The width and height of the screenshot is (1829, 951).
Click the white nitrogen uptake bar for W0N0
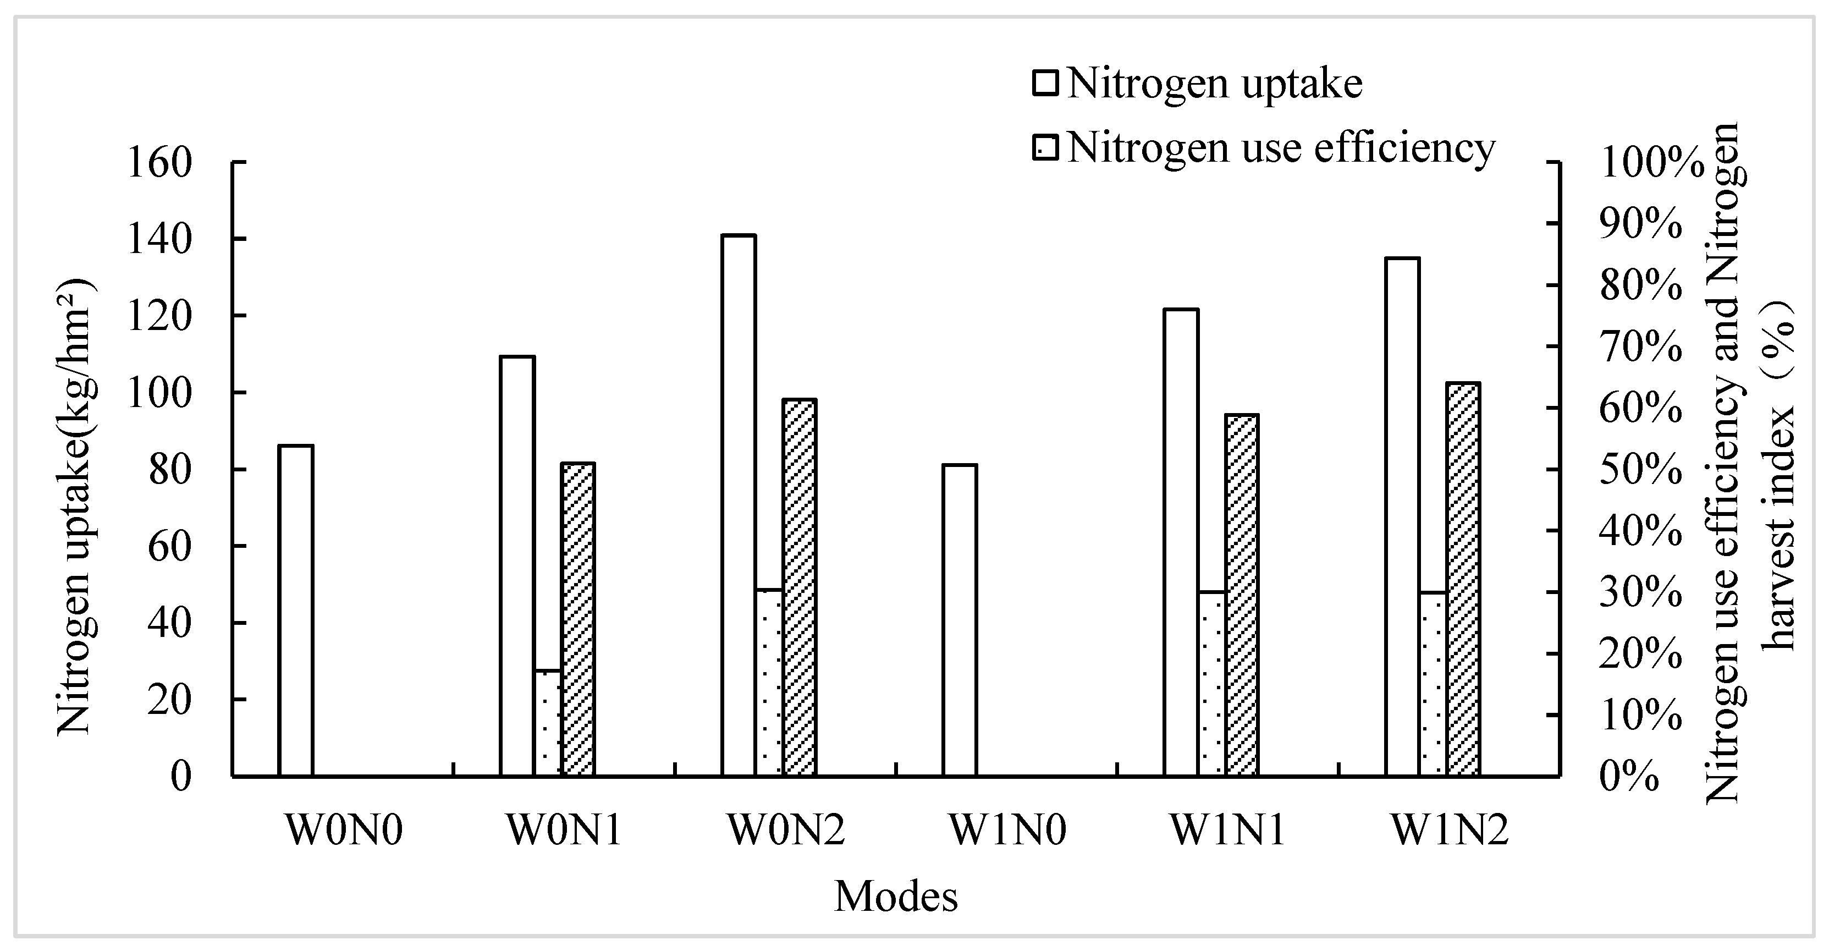tap(296, 611)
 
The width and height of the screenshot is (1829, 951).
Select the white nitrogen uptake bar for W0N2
tap(739, 505)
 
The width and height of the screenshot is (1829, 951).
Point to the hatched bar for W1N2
tap(1463, 579)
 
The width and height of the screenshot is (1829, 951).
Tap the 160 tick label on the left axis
tap(160, 163)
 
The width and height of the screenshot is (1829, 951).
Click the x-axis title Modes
tap(895, 897)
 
